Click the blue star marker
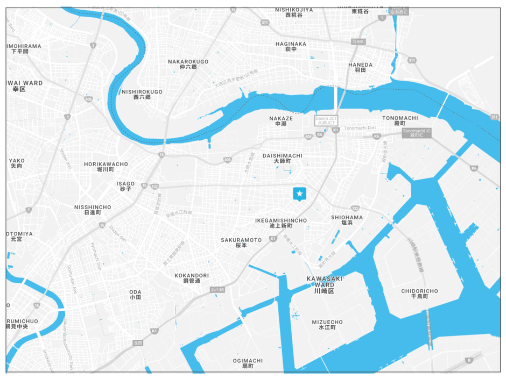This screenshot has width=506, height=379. [299, 194]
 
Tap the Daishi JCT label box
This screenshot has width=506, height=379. [326, 120]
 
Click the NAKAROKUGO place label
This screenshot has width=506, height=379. [188, 65]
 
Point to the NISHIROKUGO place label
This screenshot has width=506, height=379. [142, 95]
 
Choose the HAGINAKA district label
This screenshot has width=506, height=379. [291, 47]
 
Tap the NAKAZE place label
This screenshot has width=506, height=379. [281, 121]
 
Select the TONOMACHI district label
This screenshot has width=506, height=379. [400, 120]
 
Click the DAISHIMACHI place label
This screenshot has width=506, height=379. [283, 158]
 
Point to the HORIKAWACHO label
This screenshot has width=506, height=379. [106, 167]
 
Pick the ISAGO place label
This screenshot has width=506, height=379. [125, 187]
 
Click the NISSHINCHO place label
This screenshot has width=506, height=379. [93, 210]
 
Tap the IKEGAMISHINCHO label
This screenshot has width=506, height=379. [281, 224]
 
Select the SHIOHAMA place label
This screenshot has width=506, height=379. [347, 220]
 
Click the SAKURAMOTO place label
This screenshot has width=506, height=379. [241, 242]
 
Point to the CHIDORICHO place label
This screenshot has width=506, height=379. [419, 294]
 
